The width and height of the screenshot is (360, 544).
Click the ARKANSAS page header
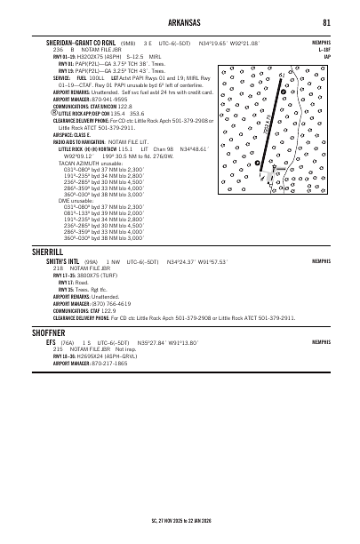pos(180,22)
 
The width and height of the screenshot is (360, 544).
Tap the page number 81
pos(327,22)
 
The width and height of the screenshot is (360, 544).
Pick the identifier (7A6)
pos(68,341)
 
